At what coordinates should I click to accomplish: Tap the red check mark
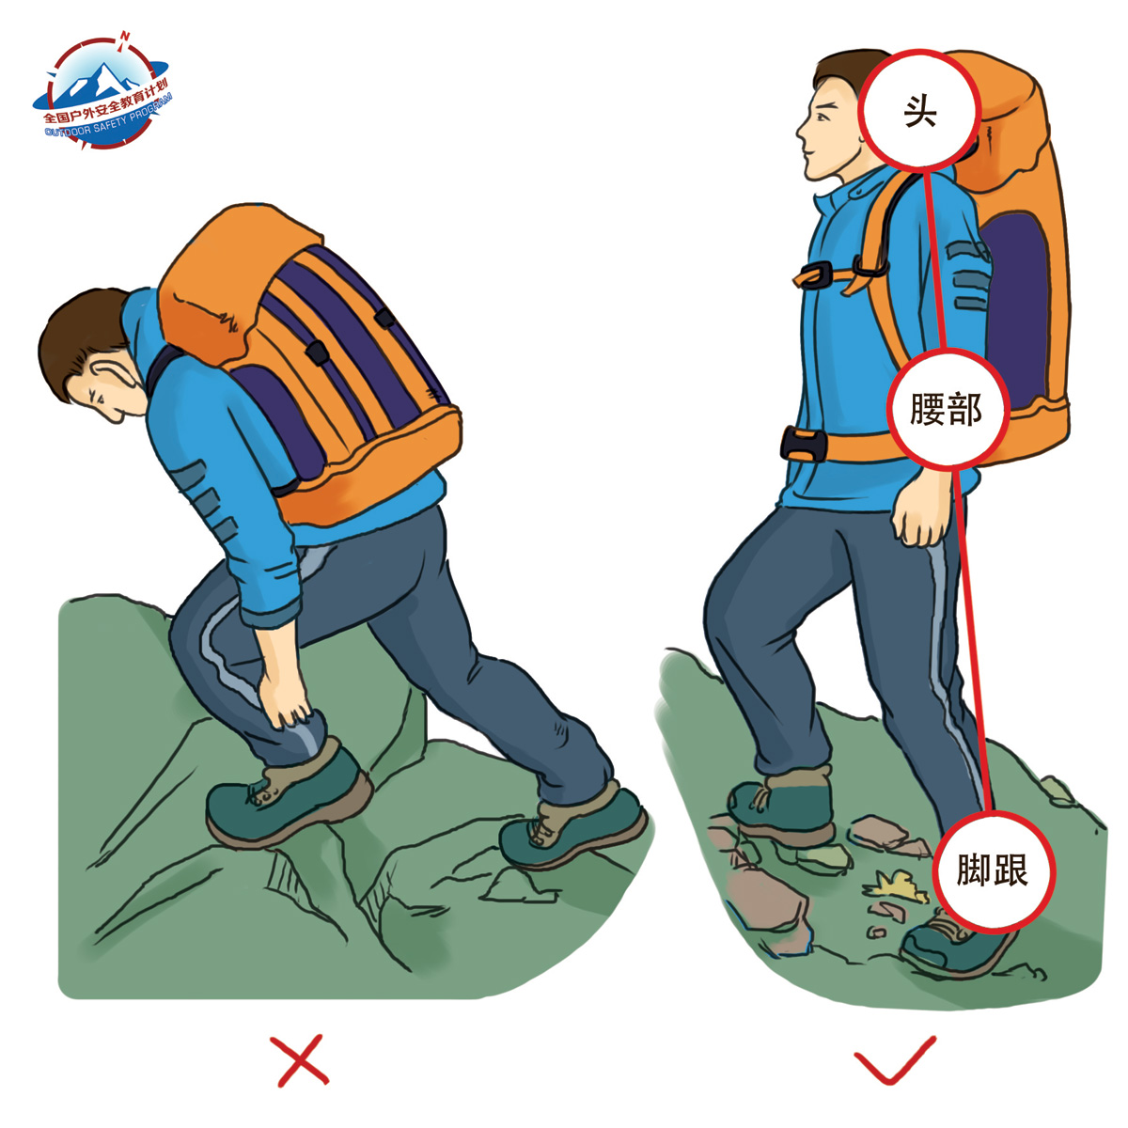coord(895,1068)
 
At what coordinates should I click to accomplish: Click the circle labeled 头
coord(919,111)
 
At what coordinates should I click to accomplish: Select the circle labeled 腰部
coord(948,409)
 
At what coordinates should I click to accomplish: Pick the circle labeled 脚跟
coord(993,870)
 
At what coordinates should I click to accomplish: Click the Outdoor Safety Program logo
coord(102,91)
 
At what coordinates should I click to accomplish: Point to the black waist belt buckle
coord(803,445)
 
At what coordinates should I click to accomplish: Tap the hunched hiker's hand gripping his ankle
coord(284,697)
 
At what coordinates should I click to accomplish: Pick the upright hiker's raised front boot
coord(781,805)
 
